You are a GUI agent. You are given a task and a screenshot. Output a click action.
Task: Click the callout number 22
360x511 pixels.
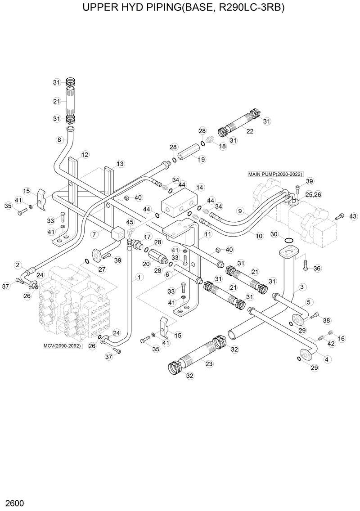point(250,131)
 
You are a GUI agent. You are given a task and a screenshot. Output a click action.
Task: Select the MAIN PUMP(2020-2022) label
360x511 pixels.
point(275,174)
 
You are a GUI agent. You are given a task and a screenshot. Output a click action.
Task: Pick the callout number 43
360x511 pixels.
point(353,217)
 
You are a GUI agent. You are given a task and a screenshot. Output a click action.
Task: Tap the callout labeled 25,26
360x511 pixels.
point(313,195)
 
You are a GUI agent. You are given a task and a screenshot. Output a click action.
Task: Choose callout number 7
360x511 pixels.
point(94,234)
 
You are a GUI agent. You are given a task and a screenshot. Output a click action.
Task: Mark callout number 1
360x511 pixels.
point(139,277)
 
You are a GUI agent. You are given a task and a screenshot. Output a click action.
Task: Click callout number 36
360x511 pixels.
point(317,269)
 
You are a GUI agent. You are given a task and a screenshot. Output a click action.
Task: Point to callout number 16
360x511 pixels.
point(342,338)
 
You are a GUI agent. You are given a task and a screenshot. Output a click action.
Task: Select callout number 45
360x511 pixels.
point(130,222)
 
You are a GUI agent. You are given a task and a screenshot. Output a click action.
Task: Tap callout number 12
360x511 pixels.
point(85,154)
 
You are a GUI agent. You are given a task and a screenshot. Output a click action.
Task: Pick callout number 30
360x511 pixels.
point(274,234)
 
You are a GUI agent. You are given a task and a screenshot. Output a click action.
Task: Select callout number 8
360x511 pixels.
point(59,140)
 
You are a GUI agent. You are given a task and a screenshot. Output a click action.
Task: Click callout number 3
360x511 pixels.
point(302,287)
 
